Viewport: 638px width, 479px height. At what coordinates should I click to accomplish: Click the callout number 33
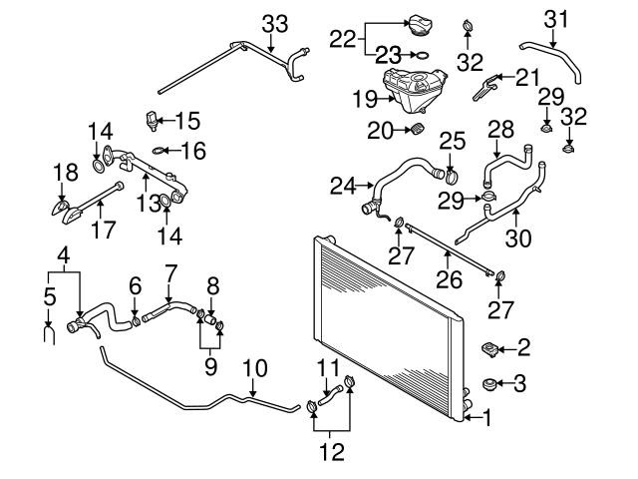coord(274,22)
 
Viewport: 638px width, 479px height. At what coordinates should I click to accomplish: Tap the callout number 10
coord(256,368)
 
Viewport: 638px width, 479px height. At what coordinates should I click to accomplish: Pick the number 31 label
coord(556,18)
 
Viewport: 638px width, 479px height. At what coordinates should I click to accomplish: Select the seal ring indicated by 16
coord(158,152)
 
